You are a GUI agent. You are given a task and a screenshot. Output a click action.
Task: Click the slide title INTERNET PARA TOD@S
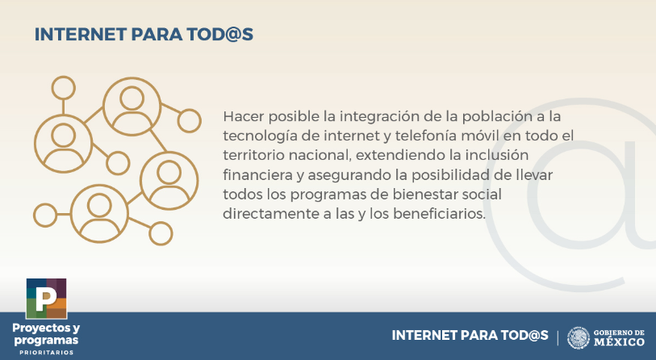pos(144,35)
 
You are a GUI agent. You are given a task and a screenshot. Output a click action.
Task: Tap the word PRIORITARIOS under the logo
pos(47,353)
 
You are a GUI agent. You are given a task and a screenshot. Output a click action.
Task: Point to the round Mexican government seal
pos(579,338)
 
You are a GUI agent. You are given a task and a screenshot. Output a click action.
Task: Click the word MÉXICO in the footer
pos(619,342)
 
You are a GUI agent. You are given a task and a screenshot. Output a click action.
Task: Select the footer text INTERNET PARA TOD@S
pos(470,335)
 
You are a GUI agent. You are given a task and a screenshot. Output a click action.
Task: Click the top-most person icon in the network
pos(132,107)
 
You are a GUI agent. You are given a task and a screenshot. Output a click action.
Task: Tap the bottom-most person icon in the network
pos(99,214)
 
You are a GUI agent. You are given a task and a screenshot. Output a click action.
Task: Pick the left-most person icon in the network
pos(63,144)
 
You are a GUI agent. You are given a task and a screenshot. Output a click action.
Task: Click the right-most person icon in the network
pos(169,181)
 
